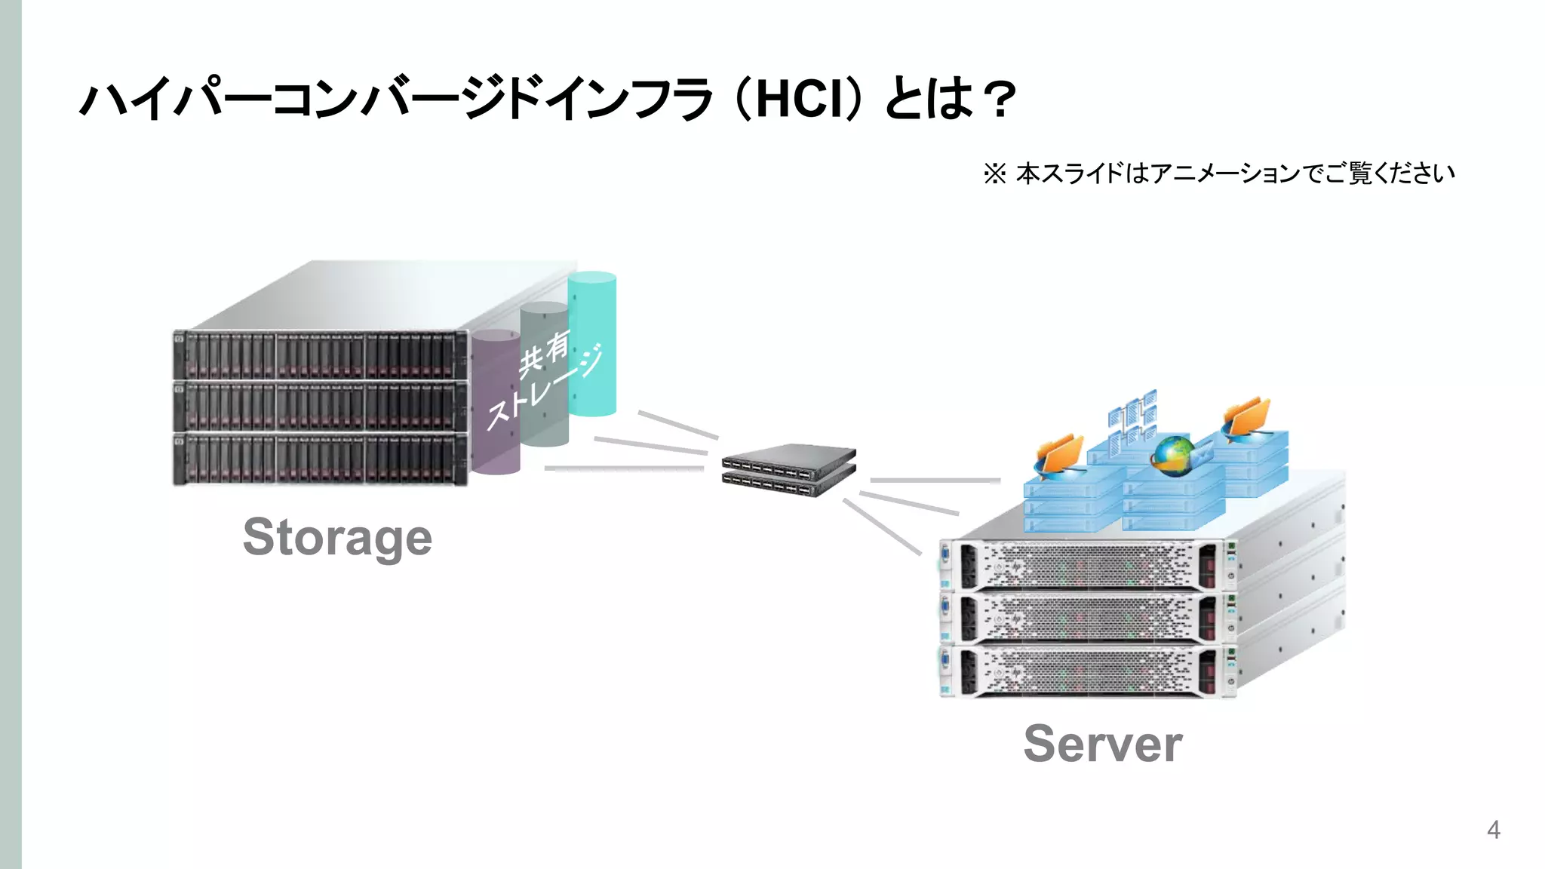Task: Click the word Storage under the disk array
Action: [x=337, y=537]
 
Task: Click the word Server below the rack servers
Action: [x=1102, y=744]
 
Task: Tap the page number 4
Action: [x=1493, y=830]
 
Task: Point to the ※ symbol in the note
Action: [x=994, y=174]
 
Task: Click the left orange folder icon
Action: [x=1059, y=456]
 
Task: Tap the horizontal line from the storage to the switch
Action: [x=623, y=468]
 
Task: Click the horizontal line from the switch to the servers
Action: [x=935, y=480]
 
